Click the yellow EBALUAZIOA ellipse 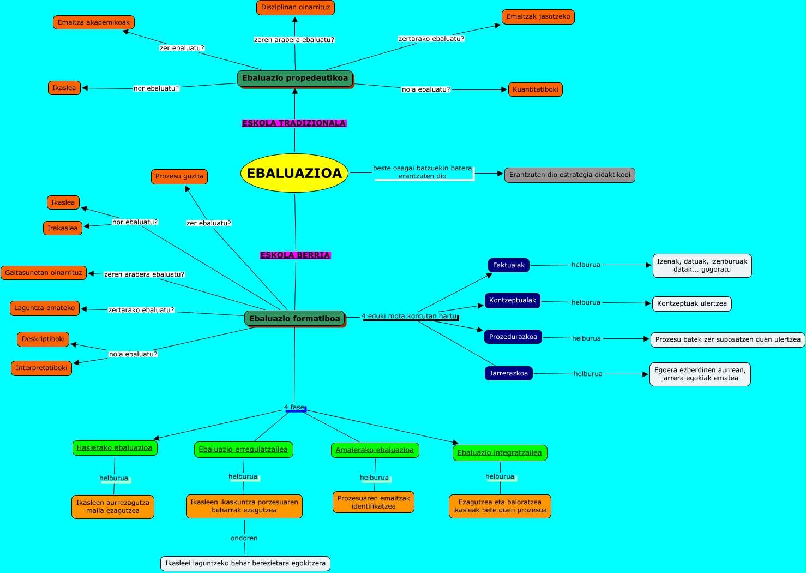point(294,174)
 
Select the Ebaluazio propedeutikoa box point(295,78)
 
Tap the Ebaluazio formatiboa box point(294,319)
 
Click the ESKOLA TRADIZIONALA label point(294,123)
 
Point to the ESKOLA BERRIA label point(295,255)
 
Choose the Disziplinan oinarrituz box point(296,8)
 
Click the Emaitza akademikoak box point(94,22)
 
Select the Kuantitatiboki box point(536,89)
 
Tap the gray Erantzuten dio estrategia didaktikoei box point(569,175)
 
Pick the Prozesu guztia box point(179,176)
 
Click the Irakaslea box point(63,228)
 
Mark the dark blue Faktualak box point(508,265)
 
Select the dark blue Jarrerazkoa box point(508,373)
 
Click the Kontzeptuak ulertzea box point(691,304)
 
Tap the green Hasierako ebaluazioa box point(115,448)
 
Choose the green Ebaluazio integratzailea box point(500,453)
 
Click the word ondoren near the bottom point(244,538)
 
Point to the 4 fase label point(294,408)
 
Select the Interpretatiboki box point(41,368)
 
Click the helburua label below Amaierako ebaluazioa point(374,478)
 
